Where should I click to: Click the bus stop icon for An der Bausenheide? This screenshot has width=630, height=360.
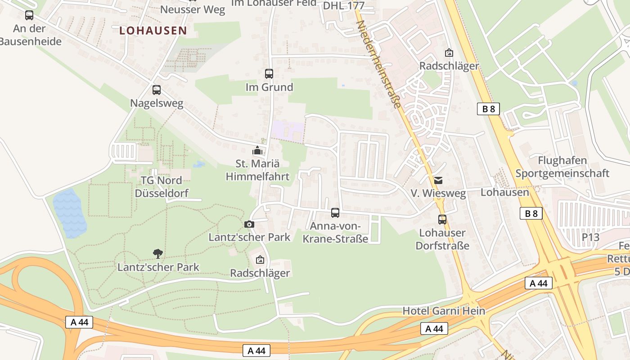tap(29, 15)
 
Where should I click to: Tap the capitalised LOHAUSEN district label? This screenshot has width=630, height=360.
tap(153, 31)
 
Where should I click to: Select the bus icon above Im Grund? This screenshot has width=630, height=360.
tap(269, 74)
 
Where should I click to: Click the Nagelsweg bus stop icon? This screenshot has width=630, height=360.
tap(157, 90)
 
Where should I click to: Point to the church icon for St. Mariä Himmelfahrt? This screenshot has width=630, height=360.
tap(257, 150)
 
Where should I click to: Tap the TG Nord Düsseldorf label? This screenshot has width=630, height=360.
tap(162, 187)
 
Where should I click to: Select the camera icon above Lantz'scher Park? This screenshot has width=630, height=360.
tap(249, 224)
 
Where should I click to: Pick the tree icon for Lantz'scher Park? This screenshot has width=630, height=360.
tap(157, 254)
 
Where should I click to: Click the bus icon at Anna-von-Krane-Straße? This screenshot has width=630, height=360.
tap(335, 213)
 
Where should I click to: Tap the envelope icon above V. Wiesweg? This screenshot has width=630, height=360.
tap(438, 180)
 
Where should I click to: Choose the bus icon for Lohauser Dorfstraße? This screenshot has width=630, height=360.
tap(442, 220)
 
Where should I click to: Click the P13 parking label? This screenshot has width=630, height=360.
tap(590, 237)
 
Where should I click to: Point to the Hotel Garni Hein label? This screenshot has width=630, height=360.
tap(444, 311)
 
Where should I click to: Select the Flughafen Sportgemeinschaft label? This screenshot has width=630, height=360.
tap(562, 167)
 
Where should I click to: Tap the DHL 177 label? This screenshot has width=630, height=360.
tap(343, 5)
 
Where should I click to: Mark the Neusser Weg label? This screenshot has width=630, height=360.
tap(193, 9)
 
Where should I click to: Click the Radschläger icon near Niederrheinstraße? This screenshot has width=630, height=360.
tap(449, 53)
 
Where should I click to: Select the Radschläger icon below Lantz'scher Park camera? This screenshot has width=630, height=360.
tap(260, 260)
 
